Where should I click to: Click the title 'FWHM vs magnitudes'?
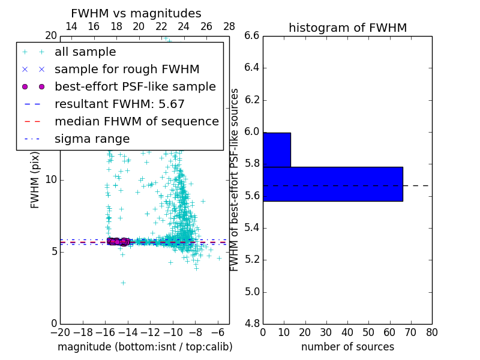click(136, 14)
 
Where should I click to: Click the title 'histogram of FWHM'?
click(347, 28)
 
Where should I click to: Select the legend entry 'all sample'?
click(85, 52)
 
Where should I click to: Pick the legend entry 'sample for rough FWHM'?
click(127, 70)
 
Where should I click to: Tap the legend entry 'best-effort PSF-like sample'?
click(135, 87)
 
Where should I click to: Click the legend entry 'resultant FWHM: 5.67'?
click(119, 104)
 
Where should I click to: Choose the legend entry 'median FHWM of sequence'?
click(136, 122)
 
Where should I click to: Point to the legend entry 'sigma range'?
click(92, 139)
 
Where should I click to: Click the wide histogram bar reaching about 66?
click(332, 184)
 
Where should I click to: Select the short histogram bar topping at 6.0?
click(277, 149)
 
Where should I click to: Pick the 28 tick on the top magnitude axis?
click(229, 27)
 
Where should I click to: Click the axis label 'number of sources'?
click(347, 347)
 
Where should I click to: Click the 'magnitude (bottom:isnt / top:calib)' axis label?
click(145, 347)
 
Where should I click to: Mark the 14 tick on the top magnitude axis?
click(71, 27)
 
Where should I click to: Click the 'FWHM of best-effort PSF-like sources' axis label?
click(235, 179)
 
